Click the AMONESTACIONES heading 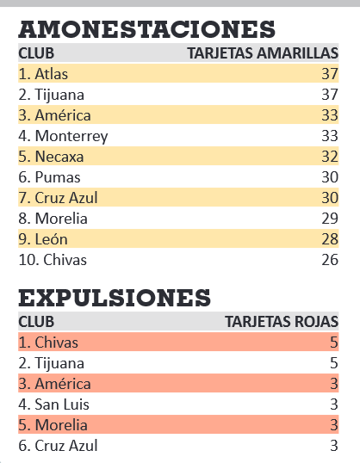[x=147, y=29]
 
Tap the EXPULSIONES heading [x=115, y=298]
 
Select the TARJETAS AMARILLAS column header [x=263, y=53]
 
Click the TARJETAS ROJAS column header [x=282, y=322]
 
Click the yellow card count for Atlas [x=330, y=74]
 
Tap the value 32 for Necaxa [x=330, y=157]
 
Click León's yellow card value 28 [x=330, y=239]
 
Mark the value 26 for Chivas [x=330, y=260]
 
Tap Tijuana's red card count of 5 [x=333, y=363]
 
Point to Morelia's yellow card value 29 [x=330, y=219]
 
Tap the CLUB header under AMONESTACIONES [x=36, y=53]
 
